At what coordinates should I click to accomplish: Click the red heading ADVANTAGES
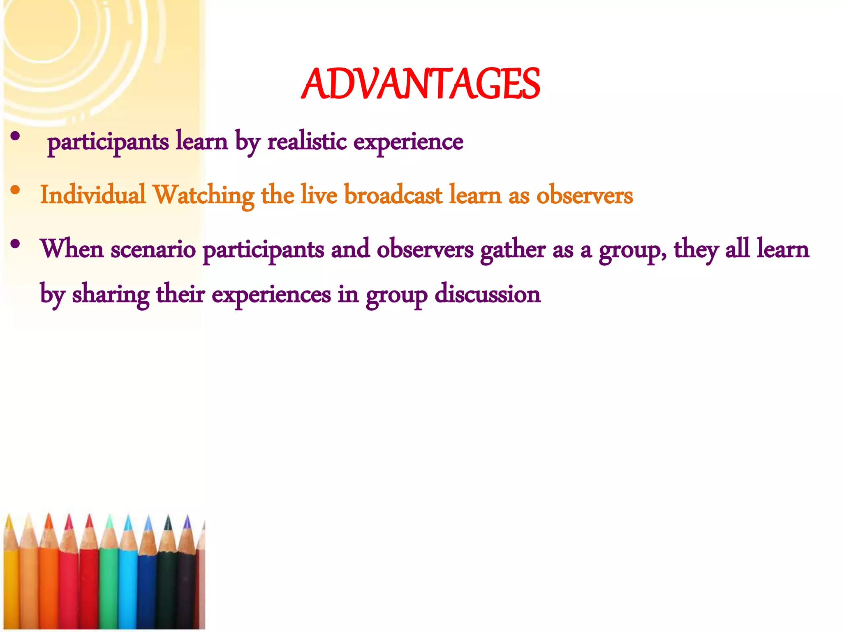420,84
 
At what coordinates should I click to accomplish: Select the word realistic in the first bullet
307,142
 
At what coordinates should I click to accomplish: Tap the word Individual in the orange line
93,195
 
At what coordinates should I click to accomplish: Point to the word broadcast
393,195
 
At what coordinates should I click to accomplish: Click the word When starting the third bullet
72,249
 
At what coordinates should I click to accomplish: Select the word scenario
153,250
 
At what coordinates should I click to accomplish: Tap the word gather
512,250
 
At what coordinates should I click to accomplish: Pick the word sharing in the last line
111,295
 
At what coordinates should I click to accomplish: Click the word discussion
487,294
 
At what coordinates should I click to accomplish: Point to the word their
180,294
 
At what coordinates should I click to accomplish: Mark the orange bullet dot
16,190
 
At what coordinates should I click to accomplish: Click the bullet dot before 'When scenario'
16,245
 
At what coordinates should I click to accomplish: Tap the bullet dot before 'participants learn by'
16,137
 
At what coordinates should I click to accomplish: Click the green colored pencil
109,584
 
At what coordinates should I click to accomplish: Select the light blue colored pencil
128,584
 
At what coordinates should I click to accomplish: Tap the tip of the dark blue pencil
148,523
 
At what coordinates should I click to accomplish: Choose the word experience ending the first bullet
408,142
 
